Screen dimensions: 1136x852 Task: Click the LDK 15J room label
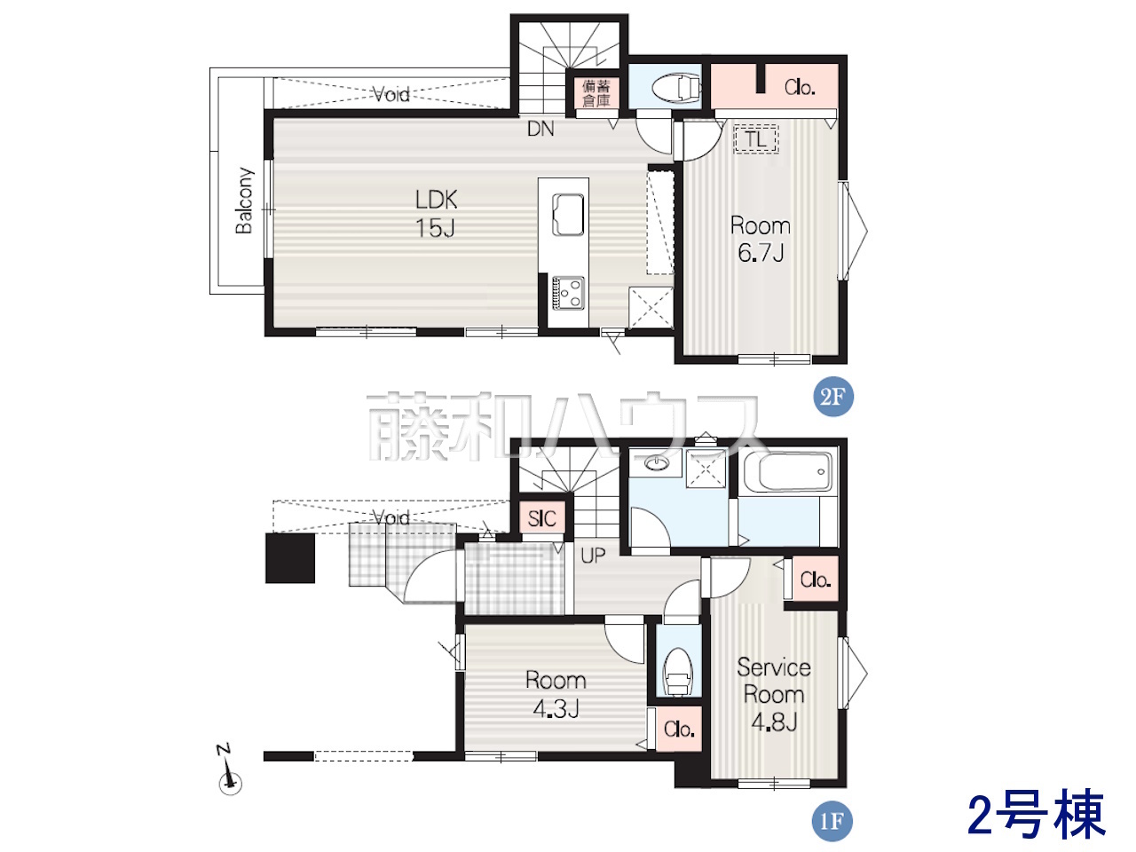(x=437, y=214)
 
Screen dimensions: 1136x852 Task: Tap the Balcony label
(x=244, y=201)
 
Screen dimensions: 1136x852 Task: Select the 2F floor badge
(x=832, y=397)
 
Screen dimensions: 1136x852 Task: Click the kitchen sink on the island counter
(x=568, y=215)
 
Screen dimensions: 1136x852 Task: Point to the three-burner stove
(x=568, y=293)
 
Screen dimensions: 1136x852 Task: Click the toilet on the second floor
(x=676, y=88)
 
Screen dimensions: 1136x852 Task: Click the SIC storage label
(x=542, y=518)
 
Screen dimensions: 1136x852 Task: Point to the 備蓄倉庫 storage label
(x=596, y=93)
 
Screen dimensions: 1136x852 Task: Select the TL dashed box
(x=756, y=138)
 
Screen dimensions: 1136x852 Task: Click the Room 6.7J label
(x=761, y=239)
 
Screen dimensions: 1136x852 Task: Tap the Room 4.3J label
(x=556, y=694)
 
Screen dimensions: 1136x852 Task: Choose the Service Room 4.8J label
(x=774, y=694)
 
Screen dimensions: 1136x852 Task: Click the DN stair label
(x=540, y=129)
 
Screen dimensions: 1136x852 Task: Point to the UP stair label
(x=593, y=556)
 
